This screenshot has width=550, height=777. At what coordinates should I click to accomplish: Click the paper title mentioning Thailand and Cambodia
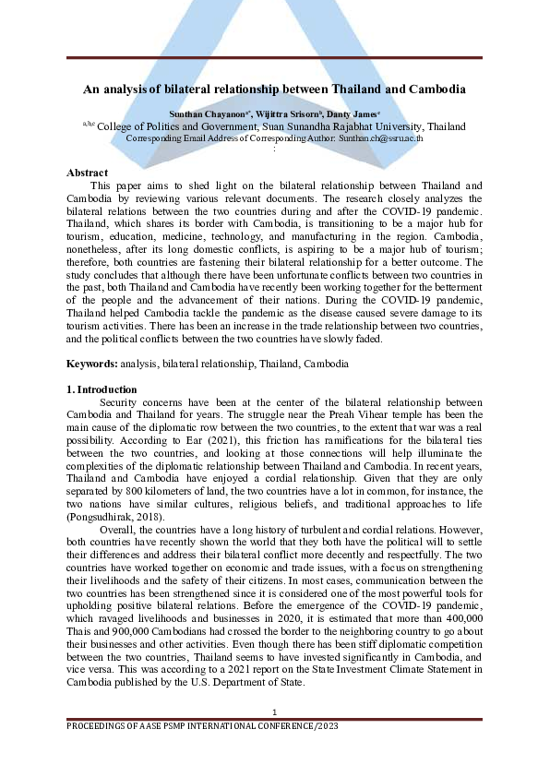coord(274,90)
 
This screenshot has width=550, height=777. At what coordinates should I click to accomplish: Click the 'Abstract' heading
coord(88,173)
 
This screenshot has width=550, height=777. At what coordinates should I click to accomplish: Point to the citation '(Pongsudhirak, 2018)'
coord(114,519)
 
